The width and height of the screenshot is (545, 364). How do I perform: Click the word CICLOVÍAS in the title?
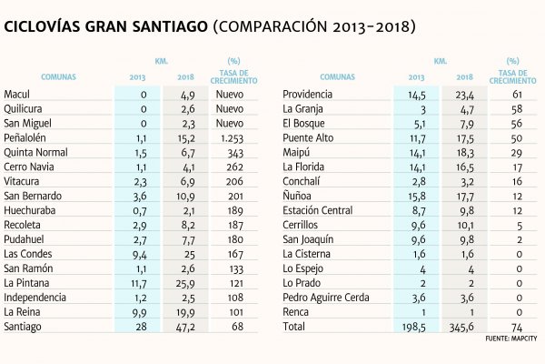(43, 26)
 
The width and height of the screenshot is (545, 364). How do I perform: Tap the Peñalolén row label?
(25, 138)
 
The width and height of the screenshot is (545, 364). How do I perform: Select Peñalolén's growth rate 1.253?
(233, 138)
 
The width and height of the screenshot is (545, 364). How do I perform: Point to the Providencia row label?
(307, 95)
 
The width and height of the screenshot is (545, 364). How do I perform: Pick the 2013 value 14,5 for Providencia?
(416, 95)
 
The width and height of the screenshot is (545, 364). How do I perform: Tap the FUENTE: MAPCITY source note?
(510, 339)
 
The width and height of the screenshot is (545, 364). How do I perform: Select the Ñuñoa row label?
(297, 196)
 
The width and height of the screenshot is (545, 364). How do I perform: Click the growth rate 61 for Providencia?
(517, 95)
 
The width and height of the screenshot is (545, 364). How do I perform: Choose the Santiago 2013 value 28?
(141, 327)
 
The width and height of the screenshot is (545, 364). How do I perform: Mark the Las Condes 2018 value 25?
(190, 255)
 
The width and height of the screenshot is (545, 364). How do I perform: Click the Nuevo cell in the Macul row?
(230, 95)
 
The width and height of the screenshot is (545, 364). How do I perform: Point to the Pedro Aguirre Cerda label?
(326, 298)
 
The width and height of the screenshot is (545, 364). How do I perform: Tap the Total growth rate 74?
(517, 328)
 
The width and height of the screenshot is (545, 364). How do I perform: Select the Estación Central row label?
(317, 210)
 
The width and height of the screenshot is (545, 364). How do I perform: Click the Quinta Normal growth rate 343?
(235, 153)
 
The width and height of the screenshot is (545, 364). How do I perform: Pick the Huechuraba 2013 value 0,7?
(139, 211)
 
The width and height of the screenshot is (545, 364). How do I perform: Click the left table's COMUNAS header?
(58, 77)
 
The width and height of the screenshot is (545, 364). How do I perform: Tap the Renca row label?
(295, 312)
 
